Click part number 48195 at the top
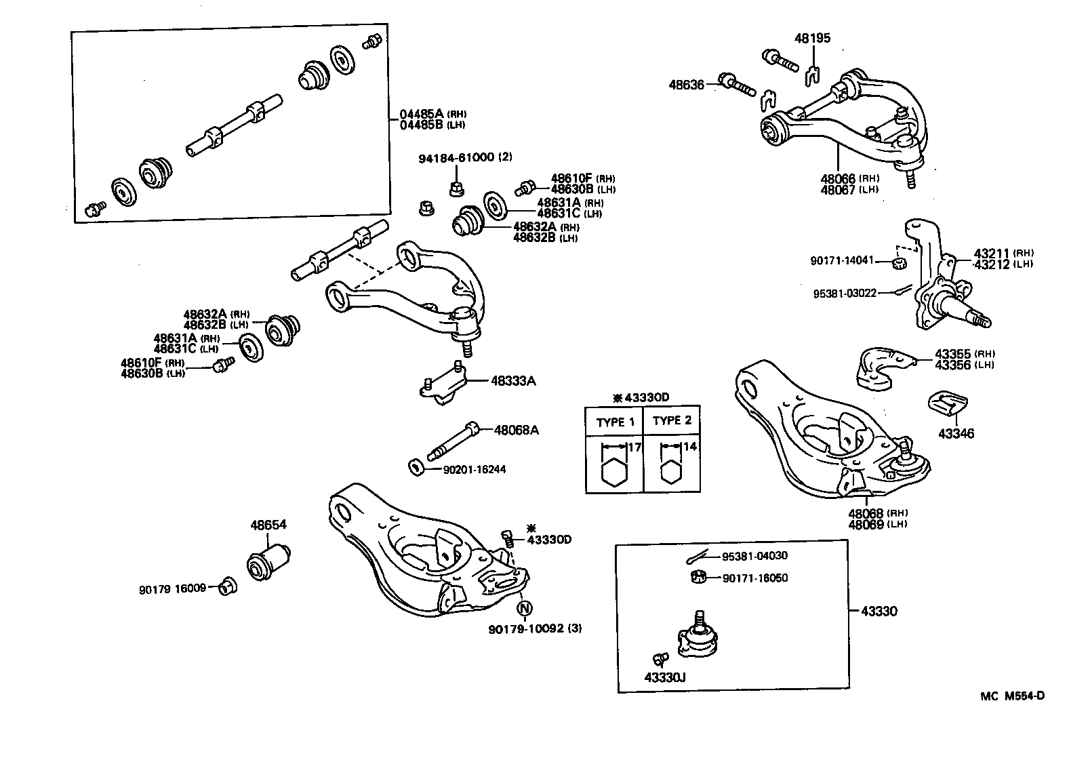pyautogui.click(x=812, y=39)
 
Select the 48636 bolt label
pyautogui.click(x=686, y=85)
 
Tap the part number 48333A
pyautogui.click(x=513, y=381)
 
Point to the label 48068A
pyautogui.click(x=516, y=430)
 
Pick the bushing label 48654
pyautogui.click(x=268, y=525)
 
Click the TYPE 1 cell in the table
pyautogui.click(x=614, y=422)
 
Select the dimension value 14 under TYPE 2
pyautogui.click(x=689, y=447)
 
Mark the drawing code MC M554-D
pyautogui.click(x=1011, y=696)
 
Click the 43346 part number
pyautogui.click(x=956, y=433)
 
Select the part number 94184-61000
pyautogui.click(x=457, y=157)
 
